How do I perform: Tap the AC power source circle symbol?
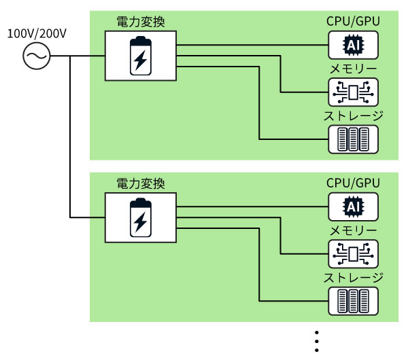point(37,56)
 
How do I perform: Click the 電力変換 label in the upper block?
point(141,20)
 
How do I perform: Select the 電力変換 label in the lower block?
point(141,183)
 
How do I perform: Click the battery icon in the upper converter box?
point(141,56)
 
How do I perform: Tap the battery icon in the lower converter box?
point(141,217)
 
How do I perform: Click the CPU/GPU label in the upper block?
point(353,20)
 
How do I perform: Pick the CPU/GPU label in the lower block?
point(353,183)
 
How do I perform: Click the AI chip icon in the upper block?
point(353,46)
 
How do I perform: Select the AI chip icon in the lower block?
point(353,206)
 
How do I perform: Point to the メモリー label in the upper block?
point(353,69)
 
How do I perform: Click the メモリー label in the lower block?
point(353,231)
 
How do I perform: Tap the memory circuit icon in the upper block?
point(353,92)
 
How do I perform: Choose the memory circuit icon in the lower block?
point(353,253)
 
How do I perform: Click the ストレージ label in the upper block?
point(353,115)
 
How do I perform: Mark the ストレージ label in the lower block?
point(353,277)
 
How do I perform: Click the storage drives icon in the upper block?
point(353,139)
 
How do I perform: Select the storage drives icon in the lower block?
point(353,300)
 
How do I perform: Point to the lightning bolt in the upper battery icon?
point(141,60)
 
